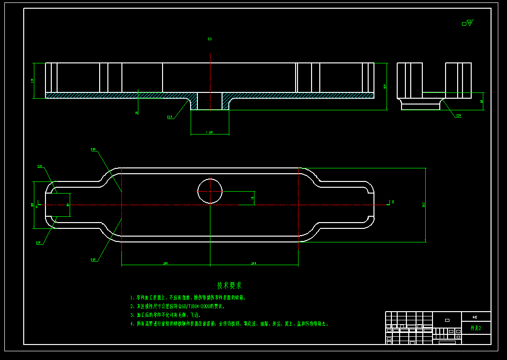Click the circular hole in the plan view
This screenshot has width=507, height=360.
point(210,191)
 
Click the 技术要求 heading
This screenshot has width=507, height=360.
point(229,286)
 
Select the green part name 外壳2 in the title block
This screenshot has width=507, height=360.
point(476,328)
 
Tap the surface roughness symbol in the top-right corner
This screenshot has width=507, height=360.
point(468,23)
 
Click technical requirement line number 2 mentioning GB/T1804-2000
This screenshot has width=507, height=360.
point(178,306)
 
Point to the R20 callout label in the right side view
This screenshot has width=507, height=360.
point(458,116)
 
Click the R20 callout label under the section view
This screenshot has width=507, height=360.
point(170,117)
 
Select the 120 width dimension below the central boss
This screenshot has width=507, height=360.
point(210,132)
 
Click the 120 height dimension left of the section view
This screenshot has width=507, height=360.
point(32,80)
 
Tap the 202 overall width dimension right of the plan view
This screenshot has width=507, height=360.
point(424,205)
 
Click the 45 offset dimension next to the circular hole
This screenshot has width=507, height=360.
point(253,197)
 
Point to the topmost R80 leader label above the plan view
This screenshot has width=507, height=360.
point(93,150)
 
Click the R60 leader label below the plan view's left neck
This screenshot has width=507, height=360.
point(93,260)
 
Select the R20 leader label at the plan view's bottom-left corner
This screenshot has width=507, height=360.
point(38,242)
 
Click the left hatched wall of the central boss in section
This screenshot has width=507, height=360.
point(194,102)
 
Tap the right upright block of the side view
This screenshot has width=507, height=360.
point(458,80)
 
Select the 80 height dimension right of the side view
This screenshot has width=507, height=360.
point(482,102)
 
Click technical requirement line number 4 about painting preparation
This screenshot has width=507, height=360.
point(229,324)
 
